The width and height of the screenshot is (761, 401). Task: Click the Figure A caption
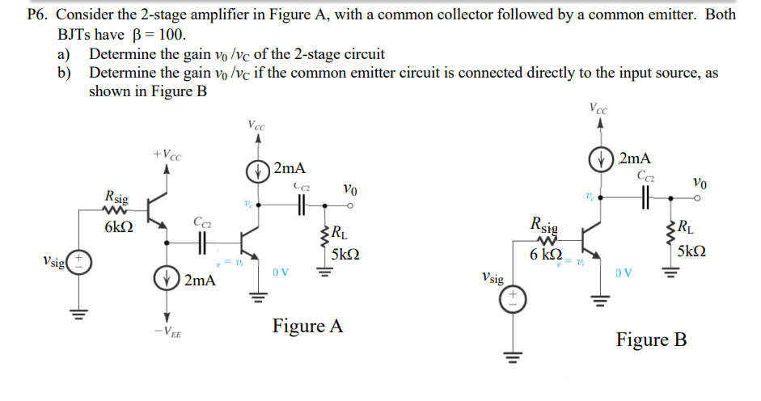coord(307,327)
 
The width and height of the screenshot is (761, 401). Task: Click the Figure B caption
coord(651,340)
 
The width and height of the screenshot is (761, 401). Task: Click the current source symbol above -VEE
coord(167,281)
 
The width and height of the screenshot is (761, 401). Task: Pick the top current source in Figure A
coord(257,171)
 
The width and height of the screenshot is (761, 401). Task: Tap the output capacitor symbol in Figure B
coord(646,196)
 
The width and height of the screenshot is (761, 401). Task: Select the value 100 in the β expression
coord(172,34)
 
